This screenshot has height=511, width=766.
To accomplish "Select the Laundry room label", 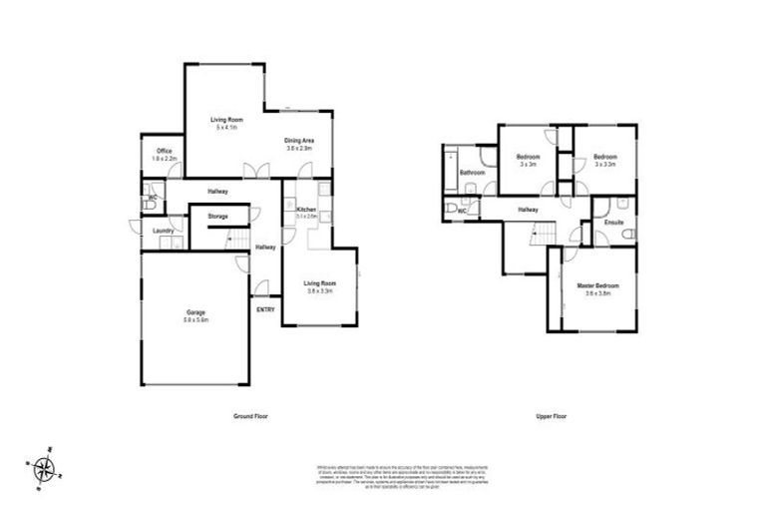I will pos(164,232).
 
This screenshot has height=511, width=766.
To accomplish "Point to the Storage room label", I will pos(217,217).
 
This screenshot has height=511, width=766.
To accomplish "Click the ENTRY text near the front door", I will pos(266,309).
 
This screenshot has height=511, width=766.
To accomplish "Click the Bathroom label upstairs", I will pos(472,173).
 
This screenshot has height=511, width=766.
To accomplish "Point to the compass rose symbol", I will pos(44,466).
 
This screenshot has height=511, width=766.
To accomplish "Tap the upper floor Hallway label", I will pos(528,210).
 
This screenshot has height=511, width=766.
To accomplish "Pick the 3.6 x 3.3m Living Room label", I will pos(318,286).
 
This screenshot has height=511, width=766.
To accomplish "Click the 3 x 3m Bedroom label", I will pos(528,160).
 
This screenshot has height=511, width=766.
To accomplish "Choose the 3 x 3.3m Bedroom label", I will pos(605,160).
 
